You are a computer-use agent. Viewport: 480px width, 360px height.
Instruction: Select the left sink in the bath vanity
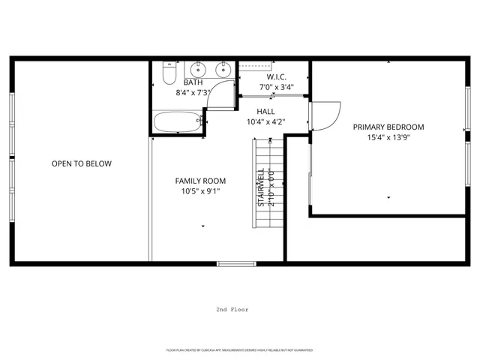(196, 70)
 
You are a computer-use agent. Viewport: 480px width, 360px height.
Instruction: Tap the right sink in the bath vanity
(223, 70)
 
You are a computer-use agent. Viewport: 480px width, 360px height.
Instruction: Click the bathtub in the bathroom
(177, 121)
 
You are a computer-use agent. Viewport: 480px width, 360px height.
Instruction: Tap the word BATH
(193, 82)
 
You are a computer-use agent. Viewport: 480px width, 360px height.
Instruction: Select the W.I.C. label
(276, 77)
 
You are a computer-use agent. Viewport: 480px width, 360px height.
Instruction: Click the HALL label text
(265, 111)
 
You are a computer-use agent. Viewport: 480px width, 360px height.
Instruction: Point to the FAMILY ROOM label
(200, 181)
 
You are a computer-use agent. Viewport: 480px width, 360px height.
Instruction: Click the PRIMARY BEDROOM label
(388, 127)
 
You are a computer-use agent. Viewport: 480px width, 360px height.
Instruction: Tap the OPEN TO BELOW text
(81, 163)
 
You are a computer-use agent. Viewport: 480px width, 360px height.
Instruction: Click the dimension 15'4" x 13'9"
(388, 137)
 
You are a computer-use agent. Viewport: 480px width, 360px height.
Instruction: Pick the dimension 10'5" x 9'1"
(200, 191)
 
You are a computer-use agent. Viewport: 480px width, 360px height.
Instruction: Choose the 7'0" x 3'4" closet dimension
(276, 87)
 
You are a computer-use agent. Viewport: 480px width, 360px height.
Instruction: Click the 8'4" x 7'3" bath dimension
(193, 92)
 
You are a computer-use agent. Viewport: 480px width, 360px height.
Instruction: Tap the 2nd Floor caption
(232, 309)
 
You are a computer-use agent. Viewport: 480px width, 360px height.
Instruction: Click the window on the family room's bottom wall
(236, 263)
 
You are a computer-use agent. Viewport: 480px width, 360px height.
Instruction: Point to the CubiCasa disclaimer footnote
(239, 350)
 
